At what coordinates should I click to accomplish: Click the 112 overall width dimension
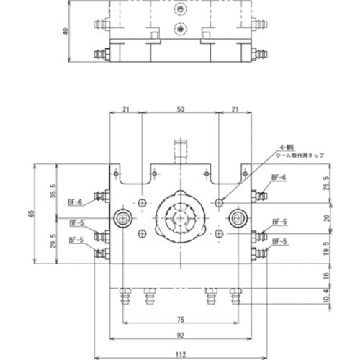tap(181, 354)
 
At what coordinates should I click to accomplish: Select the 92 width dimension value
tap(181, 336)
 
